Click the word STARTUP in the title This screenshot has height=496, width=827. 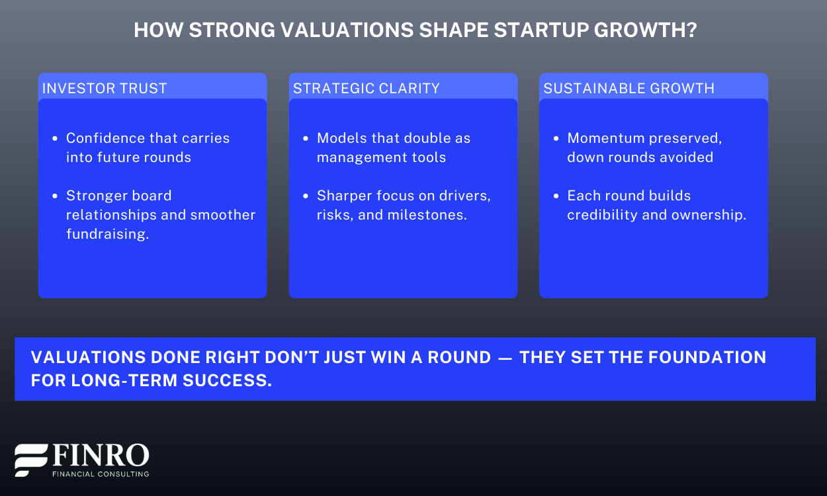pyautogui.click(x=541, y=30)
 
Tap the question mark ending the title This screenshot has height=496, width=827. pyautogui.click(x=691, y=30)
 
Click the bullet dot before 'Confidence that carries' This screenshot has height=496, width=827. pyautogui.click(x=55, y=139)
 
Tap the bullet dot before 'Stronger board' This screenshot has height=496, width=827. pyautogui.click(x=55, y=196)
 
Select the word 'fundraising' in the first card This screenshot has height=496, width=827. pyautogui.click(x=106, y=234)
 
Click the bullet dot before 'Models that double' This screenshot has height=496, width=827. pyautogui.click(x=305, y=139)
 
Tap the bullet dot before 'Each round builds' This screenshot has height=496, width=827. pyautogui.click(x=556, y=196)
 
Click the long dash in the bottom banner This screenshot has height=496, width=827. pyautogui.click(x=505, y=358)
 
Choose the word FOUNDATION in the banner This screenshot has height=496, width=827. pyautogui.click(x=707, y=357)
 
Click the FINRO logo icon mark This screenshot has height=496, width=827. pyautogui.click(x=31, y=460)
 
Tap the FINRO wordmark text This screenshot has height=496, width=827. pyautogui.click(x=101, y=456)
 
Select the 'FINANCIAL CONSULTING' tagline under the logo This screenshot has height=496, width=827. pyautogui.click(x=101, y=474)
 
